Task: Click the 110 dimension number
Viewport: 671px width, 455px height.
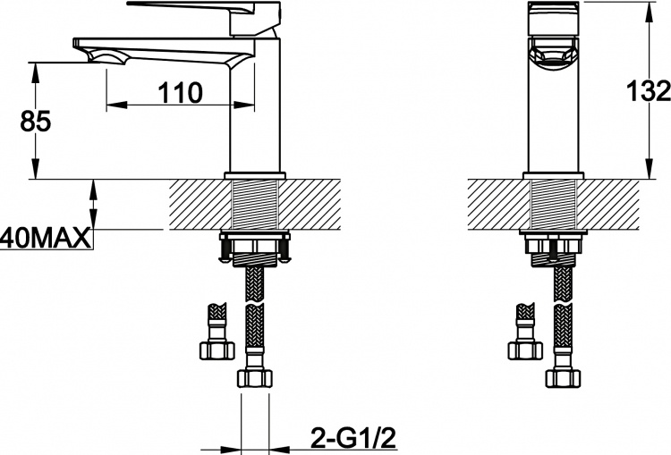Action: click(x=180, y=93)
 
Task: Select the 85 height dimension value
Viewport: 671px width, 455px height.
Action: click(x=36, y=121)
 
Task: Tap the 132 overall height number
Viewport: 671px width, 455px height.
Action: click(x=649, y=91)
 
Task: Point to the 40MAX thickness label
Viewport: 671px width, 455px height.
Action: click(x=46, y=239)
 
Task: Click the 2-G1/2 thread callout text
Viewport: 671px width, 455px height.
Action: click(x=353, y=438)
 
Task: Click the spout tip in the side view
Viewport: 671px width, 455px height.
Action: click(x=82, y=44)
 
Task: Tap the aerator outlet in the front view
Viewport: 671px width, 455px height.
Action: click(x=553, y=54)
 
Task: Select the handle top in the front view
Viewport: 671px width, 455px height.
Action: click(x=553, y=18)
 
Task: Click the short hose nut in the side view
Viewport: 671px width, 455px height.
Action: click(x=217, y=351)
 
